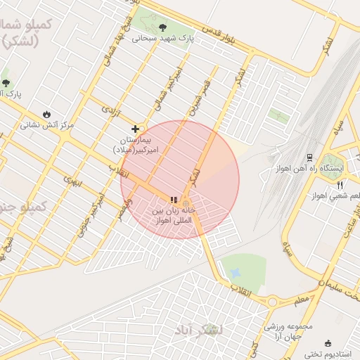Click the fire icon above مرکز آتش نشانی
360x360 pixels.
coord(46,114)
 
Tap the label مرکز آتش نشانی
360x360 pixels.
coord(46,125)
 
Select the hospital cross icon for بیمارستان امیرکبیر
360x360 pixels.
coord(135,129)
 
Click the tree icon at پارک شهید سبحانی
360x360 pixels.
coord(163,27)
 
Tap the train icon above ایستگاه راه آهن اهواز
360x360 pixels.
coord(309,157)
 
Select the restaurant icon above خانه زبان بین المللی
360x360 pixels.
coord(174,199)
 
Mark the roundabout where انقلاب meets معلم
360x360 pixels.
coord(272,302)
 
